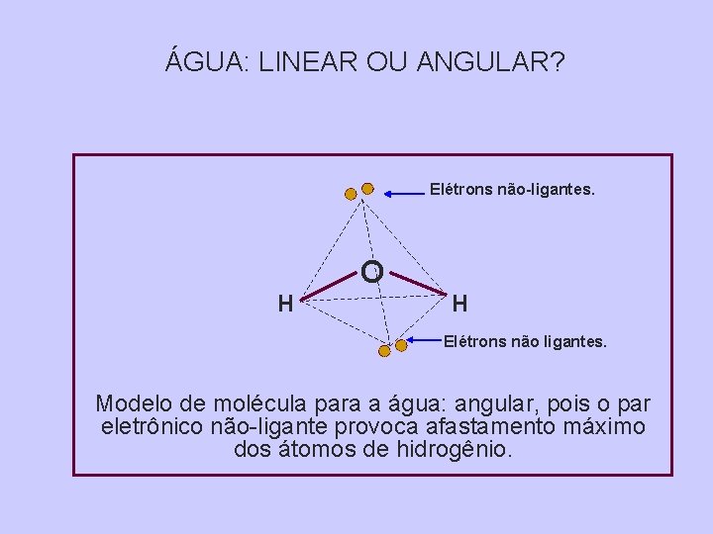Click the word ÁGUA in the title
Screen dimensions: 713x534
coord(206,62)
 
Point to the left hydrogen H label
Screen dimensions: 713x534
coord(285,304)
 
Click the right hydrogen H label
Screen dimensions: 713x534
coord(460,304)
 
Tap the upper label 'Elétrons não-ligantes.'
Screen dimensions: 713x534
coord(512,186)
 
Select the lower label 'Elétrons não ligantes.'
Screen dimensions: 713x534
coord(525,342)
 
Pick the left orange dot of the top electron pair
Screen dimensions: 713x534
coord(351,194)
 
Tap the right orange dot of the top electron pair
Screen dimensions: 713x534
coord(367,188)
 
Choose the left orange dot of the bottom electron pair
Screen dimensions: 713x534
coord(384,350)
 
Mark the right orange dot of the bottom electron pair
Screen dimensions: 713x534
coord(401,345)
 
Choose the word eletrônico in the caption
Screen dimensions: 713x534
coord(153,427)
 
